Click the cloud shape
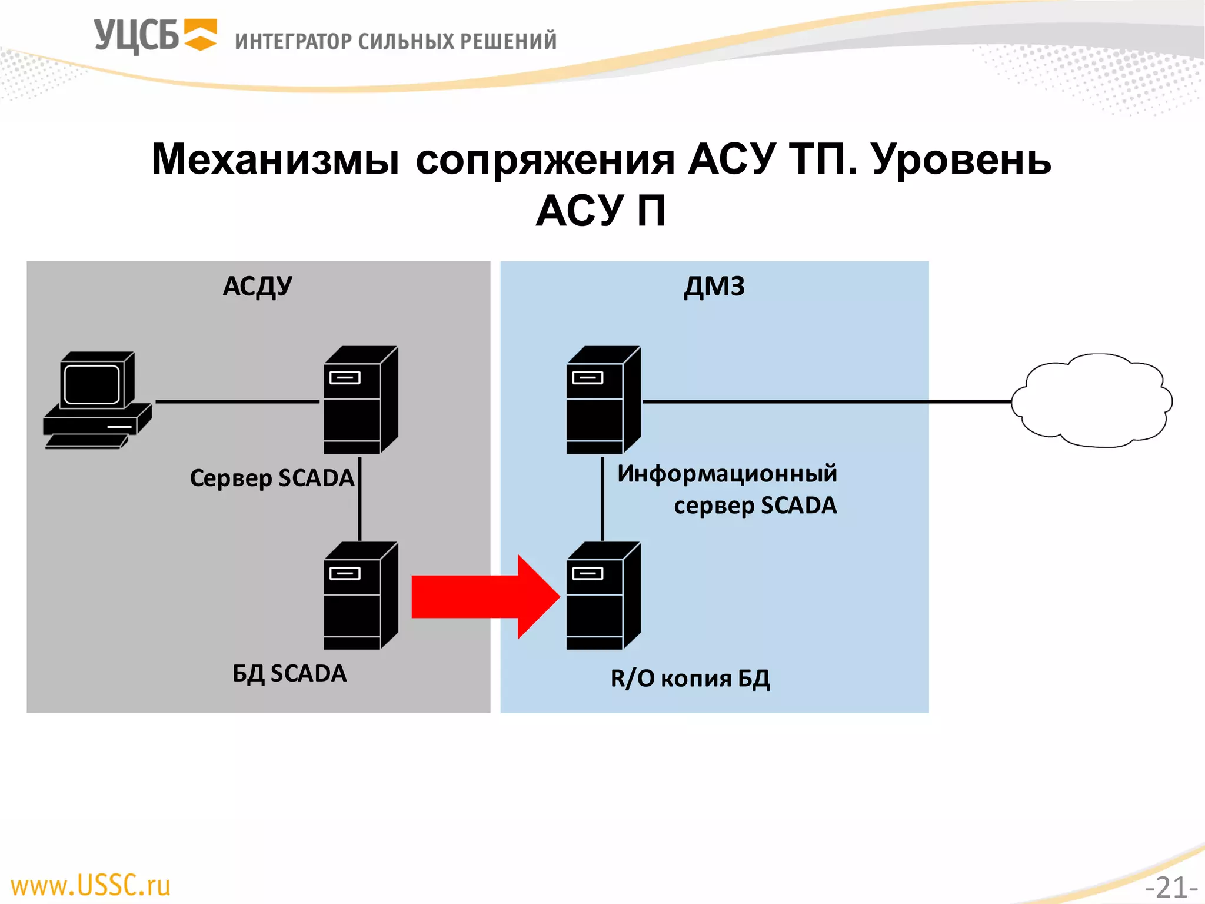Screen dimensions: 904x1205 pos(1092,401)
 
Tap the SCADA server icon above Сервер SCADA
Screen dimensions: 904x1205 pos(360,400)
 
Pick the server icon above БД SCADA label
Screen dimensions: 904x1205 pos(360,596)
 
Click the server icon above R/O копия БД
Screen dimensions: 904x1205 pos(602,596)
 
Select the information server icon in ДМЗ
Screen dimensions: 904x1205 pos(602,400)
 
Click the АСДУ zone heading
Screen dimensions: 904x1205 pos(257,287)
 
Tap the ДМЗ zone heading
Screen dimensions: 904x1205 pos(714,287)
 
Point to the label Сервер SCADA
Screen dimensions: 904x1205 pos(272,478)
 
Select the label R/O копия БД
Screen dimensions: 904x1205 pos(690,679)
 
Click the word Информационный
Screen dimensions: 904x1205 pos(727,474)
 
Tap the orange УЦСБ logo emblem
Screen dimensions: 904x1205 pos(200,35)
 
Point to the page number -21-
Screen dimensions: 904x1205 pos(1171,888)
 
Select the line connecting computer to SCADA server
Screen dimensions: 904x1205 pos(237,401)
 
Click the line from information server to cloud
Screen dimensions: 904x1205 pos(824,401)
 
